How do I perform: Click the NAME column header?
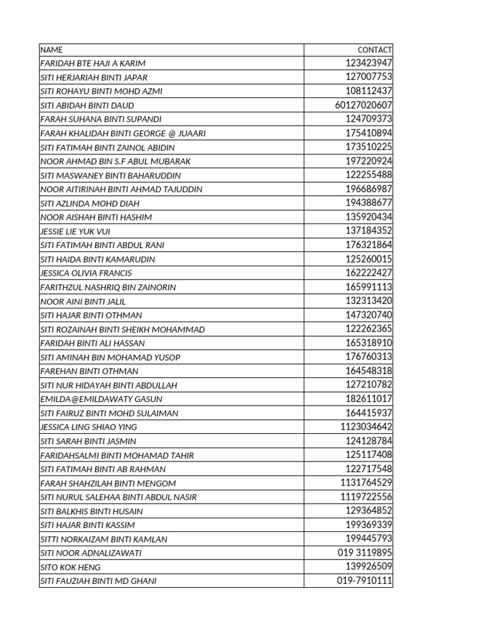coord(51,50)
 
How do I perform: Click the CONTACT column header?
coord(375,50)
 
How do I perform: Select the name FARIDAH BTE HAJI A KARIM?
coord(93,63)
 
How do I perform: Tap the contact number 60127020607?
coord(364,105)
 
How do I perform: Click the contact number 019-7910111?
coord(365,581)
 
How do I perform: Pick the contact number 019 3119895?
coord(365,553)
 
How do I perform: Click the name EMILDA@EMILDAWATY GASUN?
coord(101,399)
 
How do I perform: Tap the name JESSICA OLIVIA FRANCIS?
coord(86,273)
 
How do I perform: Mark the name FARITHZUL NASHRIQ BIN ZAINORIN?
coord(108,287)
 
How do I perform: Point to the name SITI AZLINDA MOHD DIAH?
coord(90,203)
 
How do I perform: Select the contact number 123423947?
coord(369,63)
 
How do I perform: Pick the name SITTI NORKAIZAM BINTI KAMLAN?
coord(104,539)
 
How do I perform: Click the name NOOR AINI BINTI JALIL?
coord(83,301)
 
